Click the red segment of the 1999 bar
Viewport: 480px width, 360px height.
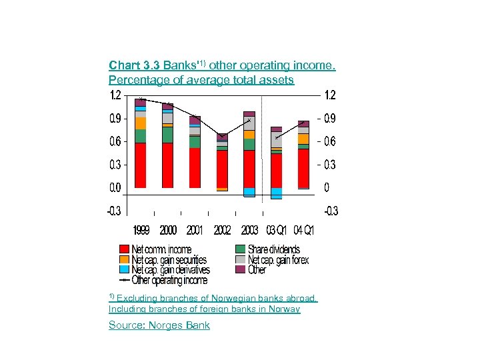(140, 165)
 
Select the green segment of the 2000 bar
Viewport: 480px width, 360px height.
(167, 135)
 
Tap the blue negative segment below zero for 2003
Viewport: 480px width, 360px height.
(249, 192)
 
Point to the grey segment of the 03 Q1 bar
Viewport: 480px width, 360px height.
(276, 140)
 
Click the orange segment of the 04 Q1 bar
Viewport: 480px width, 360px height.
(303, 139)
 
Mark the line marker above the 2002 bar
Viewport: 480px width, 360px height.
(222, 137)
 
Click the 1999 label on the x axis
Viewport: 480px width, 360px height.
(141, 231)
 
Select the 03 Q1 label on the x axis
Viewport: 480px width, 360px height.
(276, 231)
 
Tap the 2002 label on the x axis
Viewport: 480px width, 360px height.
(222, 231)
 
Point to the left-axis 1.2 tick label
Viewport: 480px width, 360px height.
(115, 95)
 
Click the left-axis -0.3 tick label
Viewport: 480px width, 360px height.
(114, 211)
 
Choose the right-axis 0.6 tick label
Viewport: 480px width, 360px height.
(329, 142)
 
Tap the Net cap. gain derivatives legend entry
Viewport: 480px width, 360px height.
(171, 270)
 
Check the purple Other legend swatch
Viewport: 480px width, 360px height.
(241, 270)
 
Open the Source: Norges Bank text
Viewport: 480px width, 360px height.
(159, 325)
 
